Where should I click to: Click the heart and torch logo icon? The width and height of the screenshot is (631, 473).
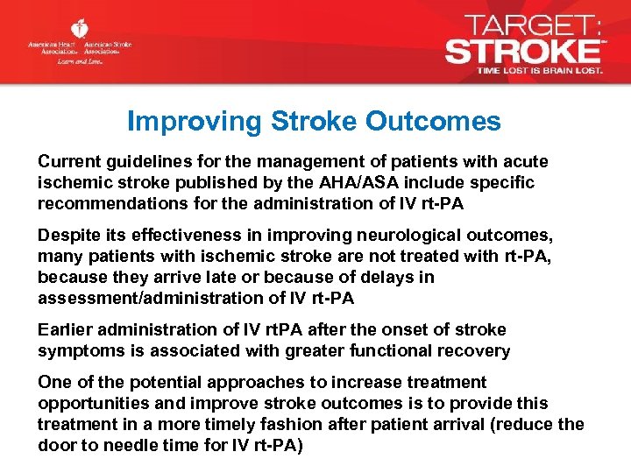[80, 29]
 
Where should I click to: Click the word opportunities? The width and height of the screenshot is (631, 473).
[91, 404]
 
